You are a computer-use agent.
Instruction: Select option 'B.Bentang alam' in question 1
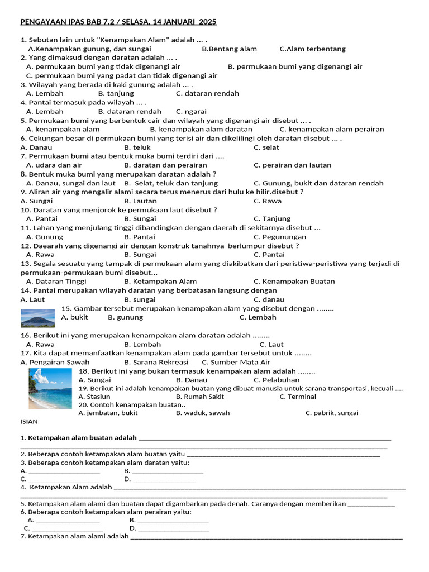point(229,49)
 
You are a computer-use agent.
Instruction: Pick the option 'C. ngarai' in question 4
point(191,111)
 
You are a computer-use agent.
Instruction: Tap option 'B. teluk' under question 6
point(137,147)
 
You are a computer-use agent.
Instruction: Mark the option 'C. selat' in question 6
point(266,147)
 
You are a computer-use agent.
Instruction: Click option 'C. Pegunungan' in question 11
point(280,237)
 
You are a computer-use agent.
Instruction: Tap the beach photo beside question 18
point(50,388)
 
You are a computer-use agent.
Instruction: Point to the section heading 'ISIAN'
point(29,422)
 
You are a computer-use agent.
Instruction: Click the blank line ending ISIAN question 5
point(371,506)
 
